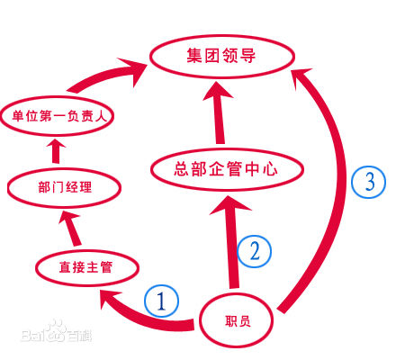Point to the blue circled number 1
pyautogui.click(x=161, y=301)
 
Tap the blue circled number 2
pyautogui.click(x=254, y=251)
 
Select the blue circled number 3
pyautogui.click(x=369, y=182)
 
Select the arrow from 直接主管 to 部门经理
pyautogui.click(x=71, y=229)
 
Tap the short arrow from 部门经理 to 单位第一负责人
pyautogui.click(x=56, y=151)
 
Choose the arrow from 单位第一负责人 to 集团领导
pyautogui.click(x=105, y=75)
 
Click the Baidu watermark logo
pyautogui.click(x=57, y=332)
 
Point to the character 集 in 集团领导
pyautogui.click(x=194, y=56)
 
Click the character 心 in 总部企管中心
pyautogui.click(x=271, y=169)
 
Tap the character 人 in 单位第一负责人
pyautogui.click(x=101, y=116)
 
